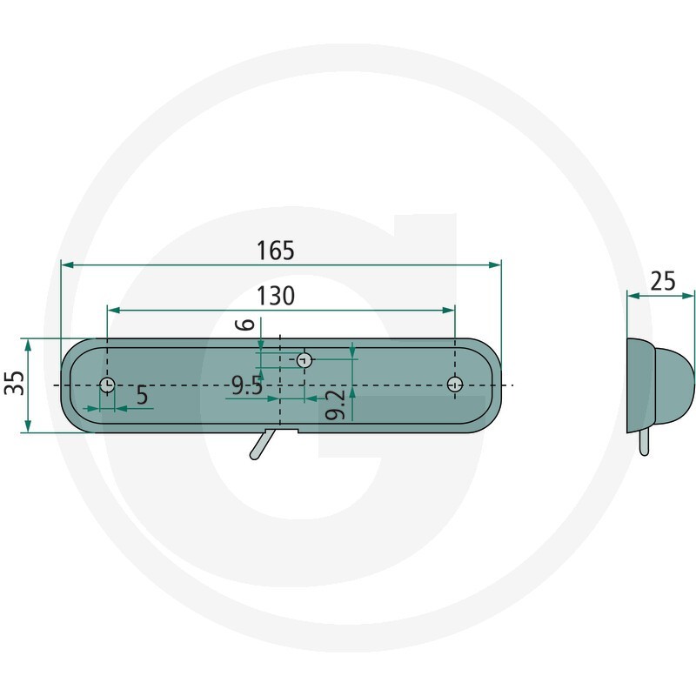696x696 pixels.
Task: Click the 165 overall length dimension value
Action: [276, 251]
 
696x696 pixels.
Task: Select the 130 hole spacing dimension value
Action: [276, 296]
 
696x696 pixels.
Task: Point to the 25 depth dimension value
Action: [663, 281]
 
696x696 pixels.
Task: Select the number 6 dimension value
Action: [247, 325]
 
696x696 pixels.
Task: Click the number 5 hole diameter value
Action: [142, 396]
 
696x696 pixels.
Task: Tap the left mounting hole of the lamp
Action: [106, 385]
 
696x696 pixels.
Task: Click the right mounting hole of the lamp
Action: [454, 384]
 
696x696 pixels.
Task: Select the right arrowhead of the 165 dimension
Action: [497, 264]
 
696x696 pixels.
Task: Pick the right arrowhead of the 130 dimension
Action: [450, 309]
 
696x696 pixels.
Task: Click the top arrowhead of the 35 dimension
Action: [29, 344]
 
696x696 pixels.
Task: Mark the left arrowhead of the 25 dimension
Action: [632, 296]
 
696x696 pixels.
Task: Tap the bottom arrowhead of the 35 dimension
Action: [29, 427]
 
